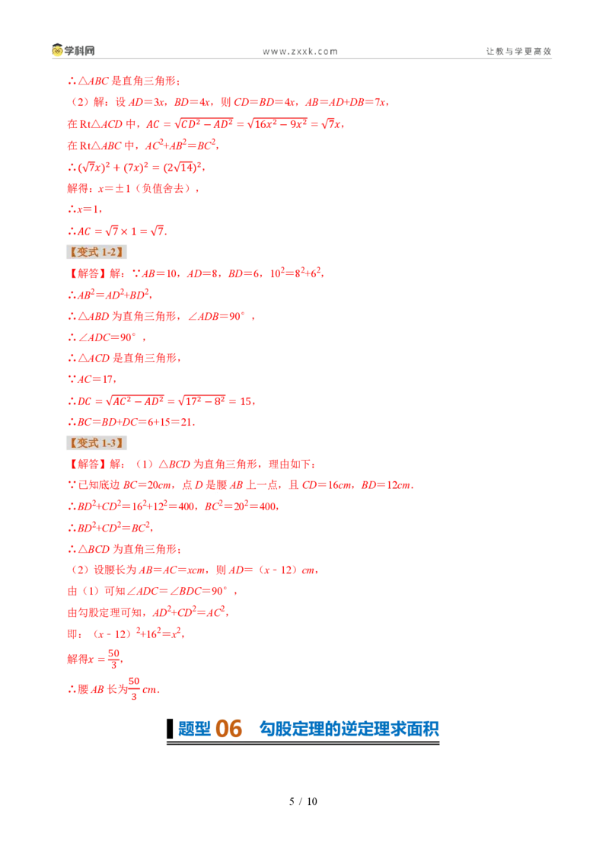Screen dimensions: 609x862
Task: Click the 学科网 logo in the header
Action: (73, 50)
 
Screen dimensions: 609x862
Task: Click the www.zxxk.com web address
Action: (300, 51)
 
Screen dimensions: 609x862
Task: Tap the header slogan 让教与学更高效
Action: (518, 51)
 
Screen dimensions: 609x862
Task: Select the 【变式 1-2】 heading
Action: (97, 252)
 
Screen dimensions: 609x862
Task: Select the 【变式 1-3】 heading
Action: (97, 442)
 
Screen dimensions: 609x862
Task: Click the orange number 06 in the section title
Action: (228, 729)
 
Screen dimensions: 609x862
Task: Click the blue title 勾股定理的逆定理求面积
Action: (349, 729)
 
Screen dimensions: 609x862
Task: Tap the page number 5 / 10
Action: (304, 801)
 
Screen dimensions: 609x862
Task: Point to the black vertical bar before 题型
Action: (170, 729)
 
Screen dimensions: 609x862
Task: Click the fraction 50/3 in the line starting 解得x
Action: (113, 659)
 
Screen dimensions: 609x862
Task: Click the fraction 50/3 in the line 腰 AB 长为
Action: (134, 689)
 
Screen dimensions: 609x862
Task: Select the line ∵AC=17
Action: (92, 378)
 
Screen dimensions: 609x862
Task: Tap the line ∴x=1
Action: (84, 209)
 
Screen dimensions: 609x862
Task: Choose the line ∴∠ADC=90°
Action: (107, 337)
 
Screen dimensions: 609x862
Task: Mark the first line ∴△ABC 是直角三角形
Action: (124, 81)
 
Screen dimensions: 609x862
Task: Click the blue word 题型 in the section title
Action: (194, 729)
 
